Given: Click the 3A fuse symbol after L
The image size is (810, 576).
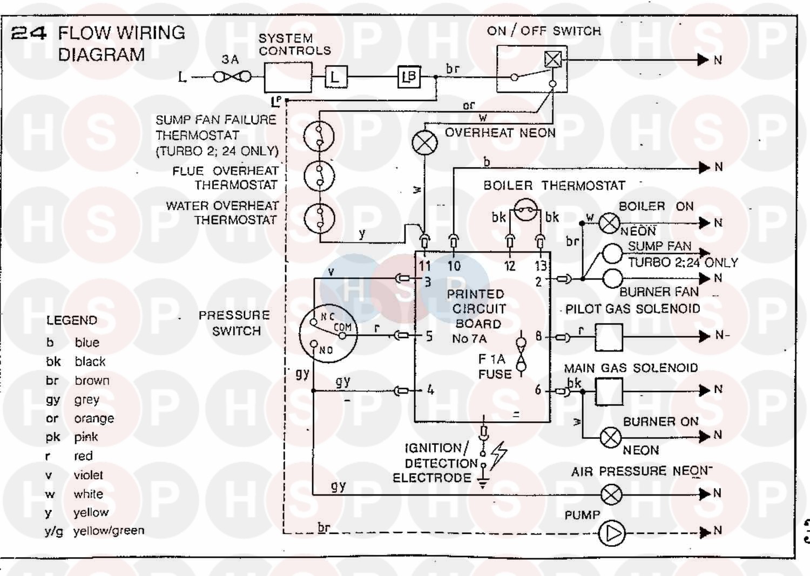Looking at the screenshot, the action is point(232,77).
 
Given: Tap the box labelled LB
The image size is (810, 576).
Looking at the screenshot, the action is point(409,77).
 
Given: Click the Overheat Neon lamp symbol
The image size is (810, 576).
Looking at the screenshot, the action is point(425,142).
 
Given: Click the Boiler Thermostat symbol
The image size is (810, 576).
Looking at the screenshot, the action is point(526,209).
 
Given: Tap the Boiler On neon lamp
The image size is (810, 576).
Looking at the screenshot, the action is point(609,223).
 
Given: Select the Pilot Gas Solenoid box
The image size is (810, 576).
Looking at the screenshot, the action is point(609,337).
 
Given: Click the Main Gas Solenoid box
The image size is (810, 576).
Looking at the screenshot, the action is point(609,391).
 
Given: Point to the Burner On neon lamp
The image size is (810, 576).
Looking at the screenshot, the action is point(611,437).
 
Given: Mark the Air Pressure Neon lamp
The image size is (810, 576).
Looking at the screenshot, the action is point(611,494).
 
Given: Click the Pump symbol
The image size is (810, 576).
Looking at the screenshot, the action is point(611,533).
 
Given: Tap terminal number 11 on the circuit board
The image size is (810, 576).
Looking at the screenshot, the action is point(425,266).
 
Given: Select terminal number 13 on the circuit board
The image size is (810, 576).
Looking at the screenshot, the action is point(541,266).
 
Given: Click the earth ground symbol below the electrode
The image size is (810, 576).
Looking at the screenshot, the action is point(483,482).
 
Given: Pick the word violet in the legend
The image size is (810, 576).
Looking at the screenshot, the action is point(88,475).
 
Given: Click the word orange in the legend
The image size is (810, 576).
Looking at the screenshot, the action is point(94,418).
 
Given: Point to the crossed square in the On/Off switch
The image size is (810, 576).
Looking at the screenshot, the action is point(553,59).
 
